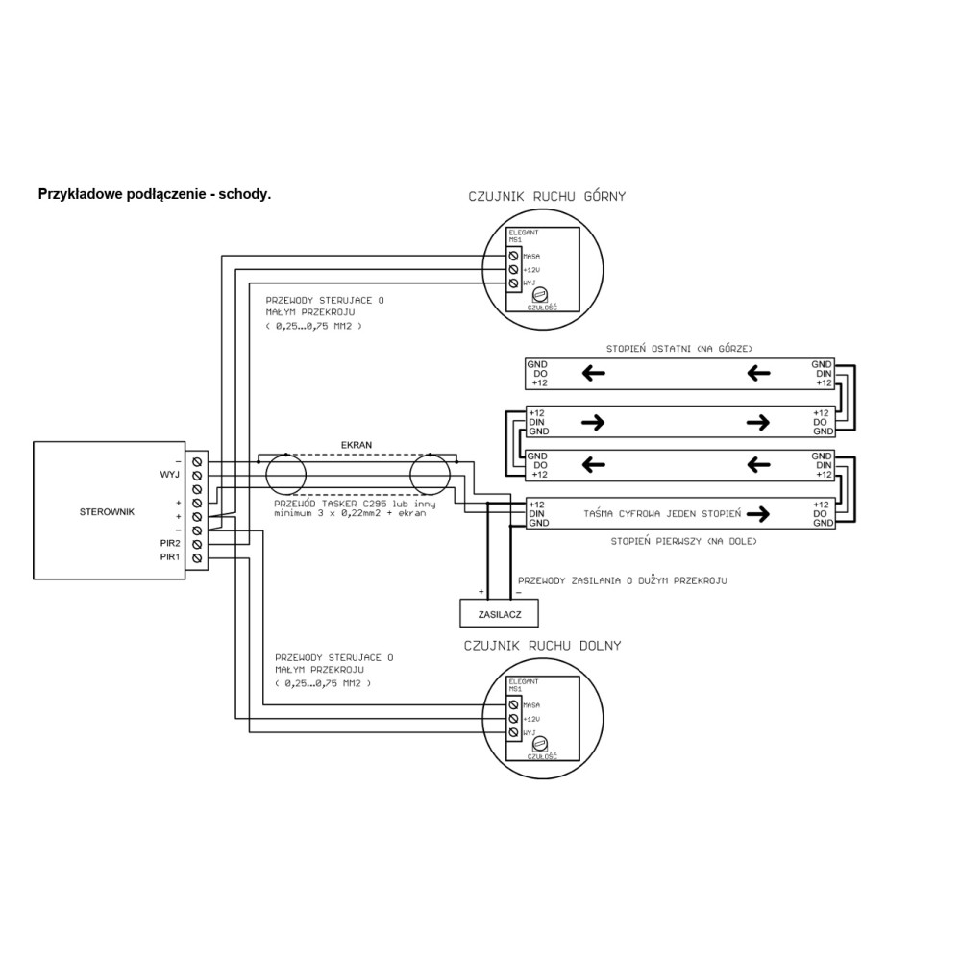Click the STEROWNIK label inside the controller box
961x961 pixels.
[107, 512]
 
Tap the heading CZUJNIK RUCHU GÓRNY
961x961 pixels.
[546, 197]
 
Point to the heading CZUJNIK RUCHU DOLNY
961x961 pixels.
[542, 645]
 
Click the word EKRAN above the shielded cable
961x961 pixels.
[357, 446]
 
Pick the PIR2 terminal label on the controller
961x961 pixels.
[170, 543]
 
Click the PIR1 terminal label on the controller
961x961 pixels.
[170, 557]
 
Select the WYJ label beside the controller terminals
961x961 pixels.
[169, 475]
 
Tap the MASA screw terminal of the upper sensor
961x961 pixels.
[514, 257]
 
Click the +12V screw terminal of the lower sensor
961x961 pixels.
[514, 719]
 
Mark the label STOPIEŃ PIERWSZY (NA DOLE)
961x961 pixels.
[684, 542]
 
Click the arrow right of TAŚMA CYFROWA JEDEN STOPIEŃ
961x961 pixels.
[758, 514]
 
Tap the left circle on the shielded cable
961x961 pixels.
[285, 476]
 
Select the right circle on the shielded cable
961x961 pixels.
[430, 476]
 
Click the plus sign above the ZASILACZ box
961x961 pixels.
[481, 592]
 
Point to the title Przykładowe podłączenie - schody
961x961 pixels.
[155, 193]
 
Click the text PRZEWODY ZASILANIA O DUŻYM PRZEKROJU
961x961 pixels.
[622, 581]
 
